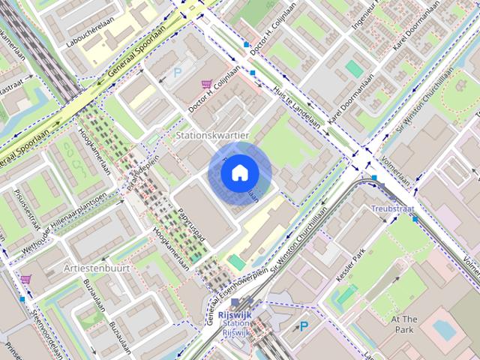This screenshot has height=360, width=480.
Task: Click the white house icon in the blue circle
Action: tap(239, 173)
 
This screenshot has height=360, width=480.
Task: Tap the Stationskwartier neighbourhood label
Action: tap(211, 135)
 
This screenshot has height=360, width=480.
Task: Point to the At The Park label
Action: tap(403, 324)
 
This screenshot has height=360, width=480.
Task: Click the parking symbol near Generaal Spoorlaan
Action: tap(178, 73)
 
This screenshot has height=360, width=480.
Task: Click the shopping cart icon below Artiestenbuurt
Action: tap(26, 279)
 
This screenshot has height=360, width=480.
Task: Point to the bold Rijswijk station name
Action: tap(235, 315)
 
